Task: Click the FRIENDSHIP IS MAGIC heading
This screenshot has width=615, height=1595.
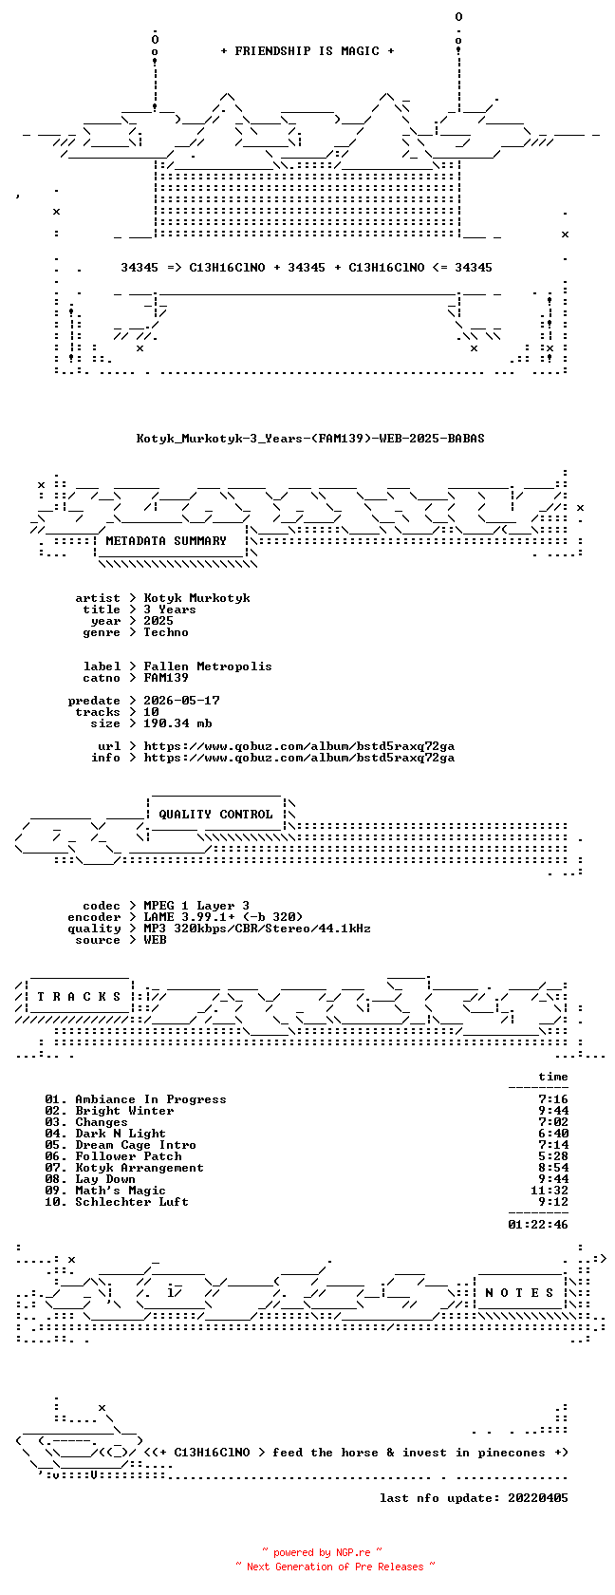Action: [x=307, y=51]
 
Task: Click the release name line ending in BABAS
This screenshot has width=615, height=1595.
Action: [x=310, y=439]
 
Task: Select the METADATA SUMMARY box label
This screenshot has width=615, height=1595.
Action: [x=166, y=541]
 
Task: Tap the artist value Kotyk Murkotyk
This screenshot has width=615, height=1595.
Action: [x=197, y=598]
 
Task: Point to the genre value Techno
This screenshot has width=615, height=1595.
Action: [x=166, y=632]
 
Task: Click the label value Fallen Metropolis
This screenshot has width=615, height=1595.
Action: [x=208, y=666]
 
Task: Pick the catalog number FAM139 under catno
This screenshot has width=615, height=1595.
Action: [x=166, y=678]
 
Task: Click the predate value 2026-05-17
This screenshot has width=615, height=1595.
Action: [x=181, y=701]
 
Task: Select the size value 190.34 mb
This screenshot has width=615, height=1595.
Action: [x=178, y=723]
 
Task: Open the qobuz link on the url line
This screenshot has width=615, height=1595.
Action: [x=299, y=746]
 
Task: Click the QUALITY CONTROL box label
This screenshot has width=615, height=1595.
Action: [x=215, y=815]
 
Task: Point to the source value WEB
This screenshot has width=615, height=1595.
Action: [x=156, y=940]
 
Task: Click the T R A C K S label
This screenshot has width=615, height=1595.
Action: [x=79, y=997]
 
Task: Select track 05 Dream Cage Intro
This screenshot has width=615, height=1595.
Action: [x=121, y=1145]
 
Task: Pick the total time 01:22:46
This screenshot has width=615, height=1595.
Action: [x=538, y=1225]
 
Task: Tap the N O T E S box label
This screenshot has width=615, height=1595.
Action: [x=520, y=1293]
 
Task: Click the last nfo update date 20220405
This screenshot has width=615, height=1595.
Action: [x=538, y=1498]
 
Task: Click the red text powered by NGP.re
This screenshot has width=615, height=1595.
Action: [x=322, y=1552]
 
